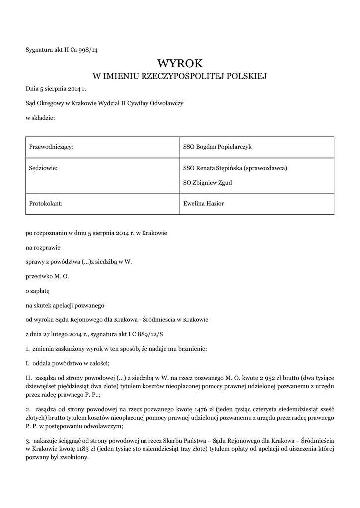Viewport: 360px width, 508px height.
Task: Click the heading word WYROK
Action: pyautogui.click(x=180, y=63)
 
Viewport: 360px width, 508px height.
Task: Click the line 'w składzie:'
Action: pyautogui.click(x=40, y=118)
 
